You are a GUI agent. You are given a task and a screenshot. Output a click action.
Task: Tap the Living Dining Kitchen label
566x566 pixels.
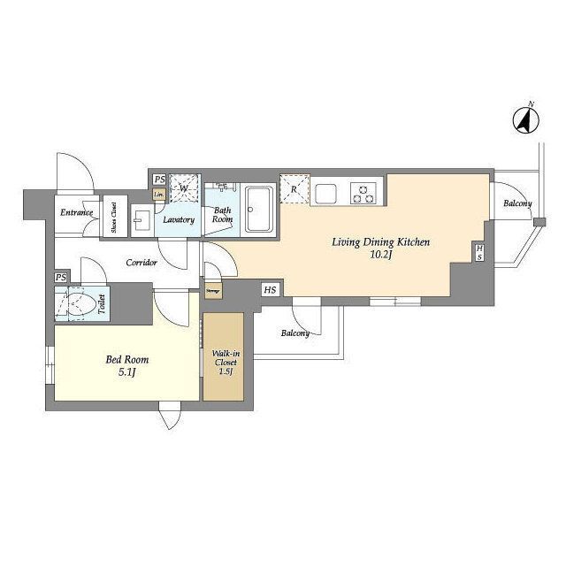(x=380, y=241)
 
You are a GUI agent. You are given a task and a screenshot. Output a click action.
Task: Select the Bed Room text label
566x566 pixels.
(x=126, y=360)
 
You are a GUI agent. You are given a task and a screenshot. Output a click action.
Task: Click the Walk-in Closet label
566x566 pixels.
(x=225, y=361)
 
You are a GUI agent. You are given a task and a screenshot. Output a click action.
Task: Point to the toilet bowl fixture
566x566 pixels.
(x=79, y=305)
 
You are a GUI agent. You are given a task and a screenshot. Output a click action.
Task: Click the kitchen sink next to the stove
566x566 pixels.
(x=325, y=191)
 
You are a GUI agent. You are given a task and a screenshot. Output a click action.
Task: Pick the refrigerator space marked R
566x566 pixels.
(x=294, y=188)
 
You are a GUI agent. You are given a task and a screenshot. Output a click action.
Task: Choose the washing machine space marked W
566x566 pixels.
(x=184, y=187)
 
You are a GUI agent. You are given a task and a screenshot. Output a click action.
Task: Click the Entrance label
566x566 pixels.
(x=77, y=212)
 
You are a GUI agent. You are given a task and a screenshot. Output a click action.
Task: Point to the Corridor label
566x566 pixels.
(x=141, y=263)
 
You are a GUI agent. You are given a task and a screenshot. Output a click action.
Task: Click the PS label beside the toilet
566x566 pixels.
(x=60, y=278)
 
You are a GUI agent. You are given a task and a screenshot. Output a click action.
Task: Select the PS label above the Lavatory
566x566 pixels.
(x=159, y=179)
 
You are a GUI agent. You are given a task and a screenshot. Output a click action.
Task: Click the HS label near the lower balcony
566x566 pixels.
(x=268, y=289)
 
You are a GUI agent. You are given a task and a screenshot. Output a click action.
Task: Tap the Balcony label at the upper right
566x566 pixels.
(x=517, y=204)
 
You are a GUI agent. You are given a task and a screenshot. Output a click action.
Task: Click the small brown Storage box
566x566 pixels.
(x=213, y=289)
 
